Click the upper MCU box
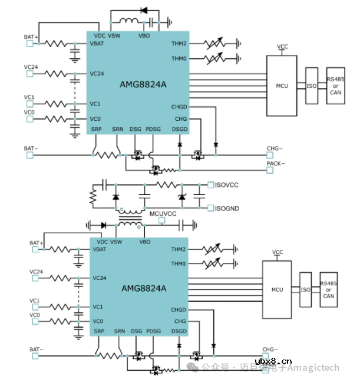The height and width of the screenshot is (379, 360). tap(282, 86)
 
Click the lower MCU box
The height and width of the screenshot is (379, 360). tap(277, 289)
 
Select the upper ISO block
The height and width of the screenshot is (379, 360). tap(311, 86)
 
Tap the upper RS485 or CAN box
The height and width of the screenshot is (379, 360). tap(335, 86)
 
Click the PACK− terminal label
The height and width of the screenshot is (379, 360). tap(275, 163)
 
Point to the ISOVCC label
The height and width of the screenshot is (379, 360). tap(227, 185)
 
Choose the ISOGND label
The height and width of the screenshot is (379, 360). tap(227, 208)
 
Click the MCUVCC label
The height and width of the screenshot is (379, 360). tap(163, 213)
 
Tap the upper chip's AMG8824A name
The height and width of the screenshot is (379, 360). tap(144, 84)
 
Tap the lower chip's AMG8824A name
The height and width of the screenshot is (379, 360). tap(144, 289)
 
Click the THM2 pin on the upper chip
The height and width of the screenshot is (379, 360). tap(179, 44)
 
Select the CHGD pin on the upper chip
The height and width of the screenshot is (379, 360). tap(179, 107)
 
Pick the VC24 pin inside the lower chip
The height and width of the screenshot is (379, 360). tap(100, 278)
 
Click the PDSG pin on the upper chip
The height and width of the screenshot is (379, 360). tap(153, 128)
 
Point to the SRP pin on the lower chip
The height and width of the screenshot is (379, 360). tap(100, 331)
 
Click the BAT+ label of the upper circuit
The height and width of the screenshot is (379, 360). tap(31, 37)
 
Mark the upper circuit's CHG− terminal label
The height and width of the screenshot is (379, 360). tap(275, 148)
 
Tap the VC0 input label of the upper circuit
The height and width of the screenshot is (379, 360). tap(29, 112)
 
